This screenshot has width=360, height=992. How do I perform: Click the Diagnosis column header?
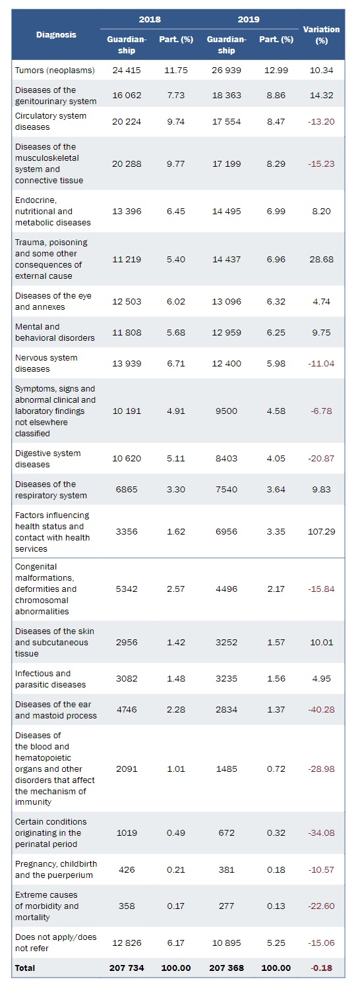click(x=56, y=34)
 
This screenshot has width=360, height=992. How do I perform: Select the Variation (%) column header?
click(x=321, y=35)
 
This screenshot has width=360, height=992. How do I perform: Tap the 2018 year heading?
click(x=150, y=20)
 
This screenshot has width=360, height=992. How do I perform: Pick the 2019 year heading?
click(x=249, y=20)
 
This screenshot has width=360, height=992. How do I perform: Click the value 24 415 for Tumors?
click(x=127, y=71)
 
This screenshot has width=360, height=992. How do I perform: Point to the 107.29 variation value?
click(x=322, y=531)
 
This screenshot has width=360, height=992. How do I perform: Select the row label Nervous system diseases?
click(x=46, y=363)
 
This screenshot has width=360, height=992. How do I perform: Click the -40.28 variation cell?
click(x=322, y=709)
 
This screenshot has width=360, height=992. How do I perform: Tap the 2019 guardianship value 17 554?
click(x=226, y=122)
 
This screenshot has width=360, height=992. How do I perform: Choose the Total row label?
click(x=25, y=968)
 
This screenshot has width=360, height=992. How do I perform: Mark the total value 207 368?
click(x=226, y=968)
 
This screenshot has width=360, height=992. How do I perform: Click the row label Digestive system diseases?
click(x=47, y=459)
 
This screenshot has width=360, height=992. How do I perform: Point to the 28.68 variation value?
click(x=322, y=260)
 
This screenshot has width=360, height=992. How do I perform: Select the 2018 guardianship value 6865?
click(x=127, y=489)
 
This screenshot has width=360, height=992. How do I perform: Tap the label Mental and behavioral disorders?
click(x=55, y=332)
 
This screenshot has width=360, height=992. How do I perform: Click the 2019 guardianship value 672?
click(x=226, y=832)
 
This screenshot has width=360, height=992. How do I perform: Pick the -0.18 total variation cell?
click(x=322, y=968)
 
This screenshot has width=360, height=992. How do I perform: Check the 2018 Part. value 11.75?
click(x=176, y=71)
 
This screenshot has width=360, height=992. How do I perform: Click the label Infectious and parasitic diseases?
click(x=51, y=679)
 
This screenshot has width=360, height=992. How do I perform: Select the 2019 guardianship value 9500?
click(x=226, y=411)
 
